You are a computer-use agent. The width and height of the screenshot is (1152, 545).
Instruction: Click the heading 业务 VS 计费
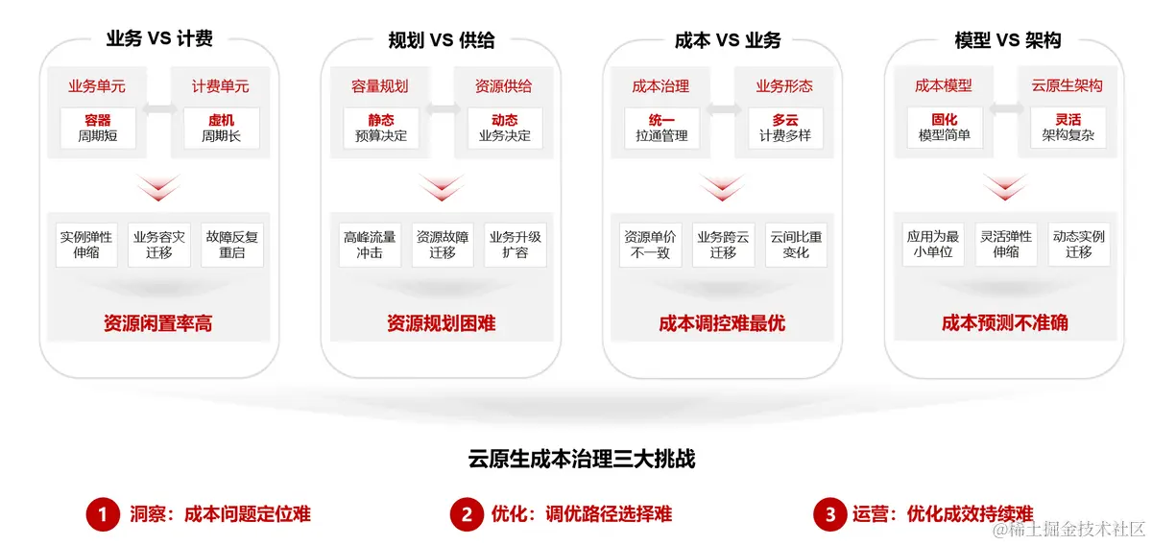tap(159, 39)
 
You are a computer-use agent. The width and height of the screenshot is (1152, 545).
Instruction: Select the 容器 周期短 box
tap(97, 128)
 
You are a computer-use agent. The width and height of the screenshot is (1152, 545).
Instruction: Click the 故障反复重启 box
tap(231, 245)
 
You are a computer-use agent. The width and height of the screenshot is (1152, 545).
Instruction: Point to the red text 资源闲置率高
tap(158, 323)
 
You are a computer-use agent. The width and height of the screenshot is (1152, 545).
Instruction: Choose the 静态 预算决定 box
tap(380, 128)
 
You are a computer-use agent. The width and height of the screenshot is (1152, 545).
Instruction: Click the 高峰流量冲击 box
tap(369, 245)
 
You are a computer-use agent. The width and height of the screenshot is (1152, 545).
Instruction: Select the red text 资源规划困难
tap(442, 323)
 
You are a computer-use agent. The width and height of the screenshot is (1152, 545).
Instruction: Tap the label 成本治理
tap(660, 86)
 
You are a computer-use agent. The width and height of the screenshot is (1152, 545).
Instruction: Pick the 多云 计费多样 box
tap(785, 128)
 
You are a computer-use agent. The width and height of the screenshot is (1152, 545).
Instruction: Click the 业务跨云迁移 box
tap(723, 245)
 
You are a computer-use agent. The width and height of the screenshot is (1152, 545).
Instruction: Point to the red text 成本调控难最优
tap(722, 323)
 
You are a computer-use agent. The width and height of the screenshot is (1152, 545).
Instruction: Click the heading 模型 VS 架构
tap(1008, 39)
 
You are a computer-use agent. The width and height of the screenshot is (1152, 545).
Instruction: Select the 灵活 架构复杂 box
tap(1068, 128)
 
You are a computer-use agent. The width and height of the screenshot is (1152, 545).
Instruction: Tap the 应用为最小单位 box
tap(933, 245)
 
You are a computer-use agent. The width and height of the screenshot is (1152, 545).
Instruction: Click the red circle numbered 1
tap(102, 514)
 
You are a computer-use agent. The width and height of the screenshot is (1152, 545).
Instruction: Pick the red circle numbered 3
tap(829, 514)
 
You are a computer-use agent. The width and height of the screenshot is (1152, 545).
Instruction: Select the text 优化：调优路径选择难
tap(582, 514)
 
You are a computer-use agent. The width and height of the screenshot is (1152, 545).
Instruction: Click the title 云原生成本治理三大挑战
tap(582, 459)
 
